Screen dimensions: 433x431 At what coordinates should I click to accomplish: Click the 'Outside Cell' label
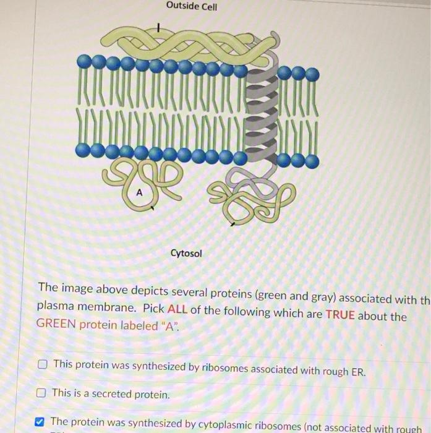(x=192, y=7)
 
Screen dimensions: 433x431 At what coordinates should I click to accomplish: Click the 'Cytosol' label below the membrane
(x=186, y=254)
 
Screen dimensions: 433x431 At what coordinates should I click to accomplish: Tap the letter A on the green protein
(x=139, y=193)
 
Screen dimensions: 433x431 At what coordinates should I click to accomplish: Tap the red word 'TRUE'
(x=340, y=315)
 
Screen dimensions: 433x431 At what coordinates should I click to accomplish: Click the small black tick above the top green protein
(x=159, y=27)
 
